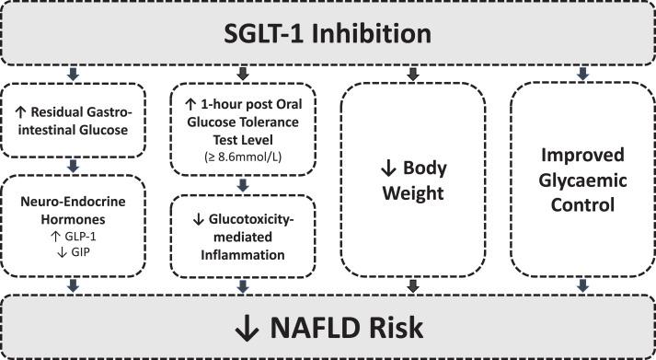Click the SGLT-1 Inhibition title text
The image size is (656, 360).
point(328,34)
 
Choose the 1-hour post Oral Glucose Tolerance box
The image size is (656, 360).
point(243,129)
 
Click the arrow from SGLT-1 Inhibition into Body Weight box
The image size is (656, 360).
point(414,73)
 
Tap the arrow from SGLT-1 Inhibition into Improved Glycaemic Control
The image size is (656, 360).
point(581,73)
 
